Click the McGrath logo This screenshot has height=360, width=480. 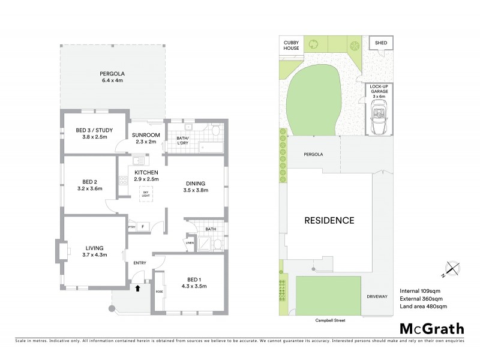432,328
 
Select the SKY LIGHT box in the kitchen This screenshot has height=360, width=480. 145,193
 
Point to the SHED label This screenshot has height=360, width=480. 381,43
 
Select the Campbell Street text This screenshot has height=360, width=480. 331,320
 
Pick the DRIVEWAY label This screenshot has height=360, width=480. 378,296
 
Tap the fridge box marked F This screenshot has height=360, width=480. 143,227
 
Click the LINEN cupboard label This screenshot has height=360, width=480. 190,242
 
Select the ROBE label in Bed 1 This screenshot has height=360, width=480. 159,292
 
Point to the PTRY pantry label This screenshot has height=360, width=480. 131,227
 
